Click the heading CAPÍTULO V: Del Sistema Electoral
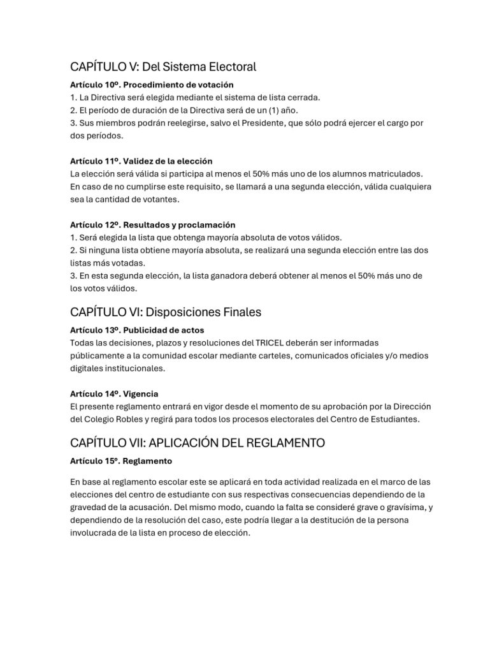[162, 66]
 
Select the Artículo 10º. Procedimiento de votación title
[152, 84]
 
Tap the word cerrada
[302, 97]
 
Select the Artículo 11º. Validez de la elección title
[141, 161]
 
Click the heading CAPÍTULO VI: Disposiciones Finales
[166, 312]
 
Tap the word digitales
[86, 369]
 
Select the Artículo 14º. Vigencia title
[114, 393]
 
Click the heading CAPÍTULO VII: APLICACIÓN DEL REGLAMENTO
[198, 443]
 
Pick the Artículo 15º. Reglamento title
[121, 460]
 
